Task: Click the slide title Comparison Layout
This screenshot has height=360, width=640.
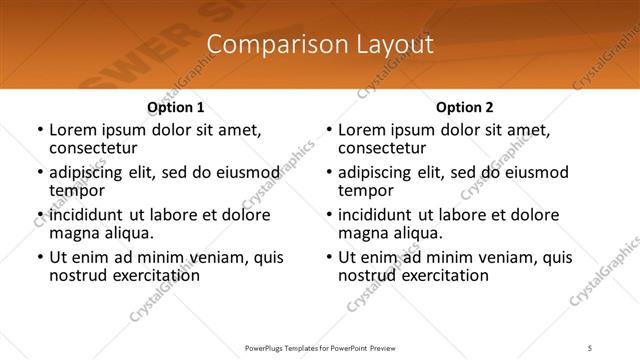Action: [320, 45]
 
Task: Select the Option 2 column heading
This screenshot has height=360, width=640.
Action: [464, 107]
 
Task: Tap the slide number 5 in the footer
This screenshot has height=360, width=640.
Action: [590, 347]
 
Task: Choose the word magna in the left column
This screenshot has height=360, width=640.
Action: [74, 233]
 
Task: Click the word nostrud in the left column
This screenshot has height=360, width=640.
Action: [77, 275]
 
